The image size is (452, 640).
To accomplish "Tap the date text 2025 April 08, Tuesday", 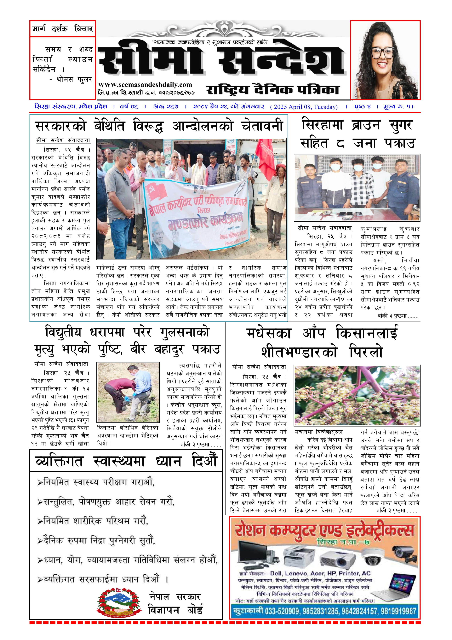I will (304, 107).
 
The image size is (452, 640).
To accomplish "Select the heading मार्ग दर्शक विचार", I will (63, 29).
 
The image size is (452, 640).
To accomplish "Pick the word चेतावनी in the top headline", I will (262, 126).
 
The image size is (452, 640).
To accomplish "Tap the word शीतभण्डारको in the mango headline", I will (299, 352).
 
